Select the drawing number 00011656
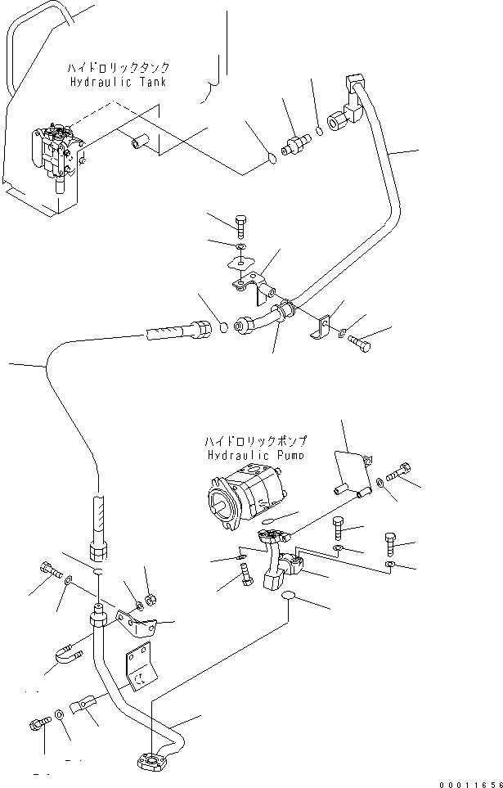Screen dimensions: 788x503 467,780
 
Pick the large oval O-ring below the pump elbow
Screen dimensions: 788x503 289,602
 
